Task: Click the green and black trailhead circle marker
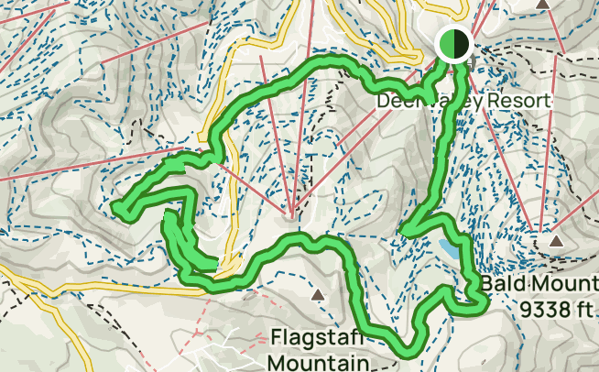(453, 43)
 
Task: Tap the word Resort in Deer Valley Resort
(518, 100)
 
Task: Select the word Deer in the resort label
(396, 100)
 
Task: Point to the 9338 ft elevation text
(555, 310)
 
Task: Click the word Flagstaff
(316, 337)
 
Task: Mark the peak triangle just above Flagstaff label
(317, 295)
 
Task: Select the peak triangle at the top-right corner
(543, 5)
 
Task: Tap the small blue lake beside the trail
(449, 249)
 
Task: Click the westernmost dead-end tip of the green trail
(118, 210)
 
